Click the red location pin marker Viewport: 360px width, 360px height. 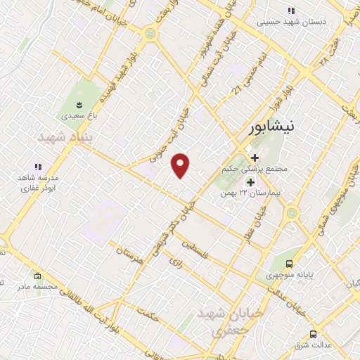181,165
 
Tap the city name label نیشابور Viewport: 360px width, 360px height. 275,129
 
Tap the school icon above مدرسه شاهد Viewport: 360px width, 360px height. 38,167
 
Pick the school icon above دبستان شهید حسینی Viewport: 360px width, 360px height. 291,11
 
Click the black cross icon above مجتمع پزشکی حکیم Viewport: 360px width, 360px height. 255,157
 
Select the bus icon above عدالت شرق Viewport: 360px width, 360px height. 313,335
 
